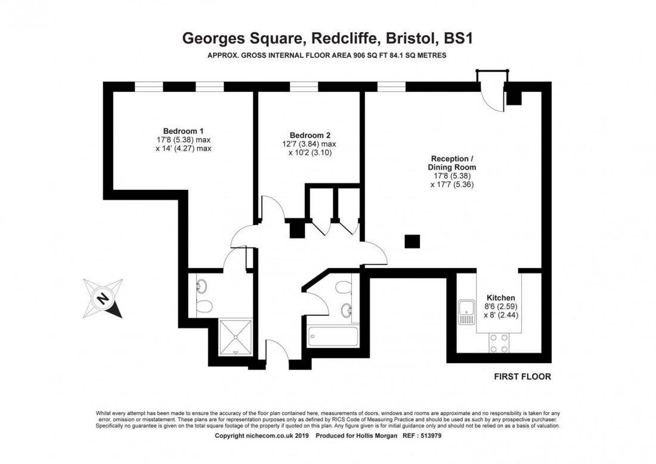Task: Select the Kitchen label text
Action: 500,298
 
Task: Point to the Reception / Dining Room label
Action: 453,163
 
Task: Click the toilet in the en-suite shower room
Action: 203,307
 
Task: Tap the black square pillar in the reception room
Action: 412,241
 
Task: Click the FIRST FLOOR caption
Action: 522,377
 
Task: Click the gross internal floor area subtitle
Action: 327,56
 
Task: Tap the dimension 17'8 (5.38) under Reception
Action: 453,176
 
